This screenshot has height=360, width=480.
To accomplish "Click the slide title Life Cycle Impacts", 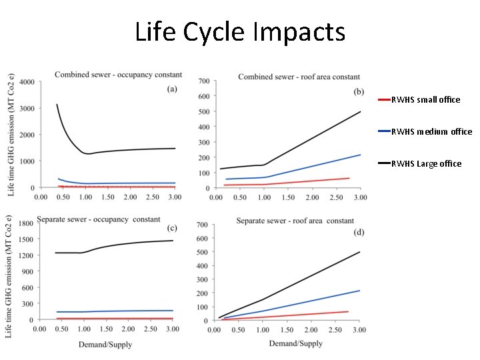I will click(240, 31).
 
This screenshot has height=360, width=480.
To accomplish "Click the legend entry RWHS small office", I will click(425, 99).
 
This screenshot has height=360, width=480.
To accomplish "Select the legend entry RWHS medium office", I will click(431, 131).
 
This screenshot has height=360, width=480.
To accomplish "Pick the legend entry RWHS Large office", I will click(426, 163).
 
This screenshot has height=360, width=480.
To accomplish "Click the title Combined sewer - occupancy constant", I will click(106, 73).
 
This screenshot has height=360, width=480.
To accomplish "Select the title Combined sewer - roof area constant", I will click(299, 77).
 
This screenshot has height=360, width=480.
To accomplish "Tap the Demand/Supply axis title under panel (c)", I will click(105, 344).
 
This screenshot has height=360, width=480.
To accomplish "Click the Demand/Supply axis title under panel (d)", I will click(295, 343).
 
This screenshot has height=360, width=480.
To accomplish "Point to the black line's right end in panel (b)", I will click(360, 111).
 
